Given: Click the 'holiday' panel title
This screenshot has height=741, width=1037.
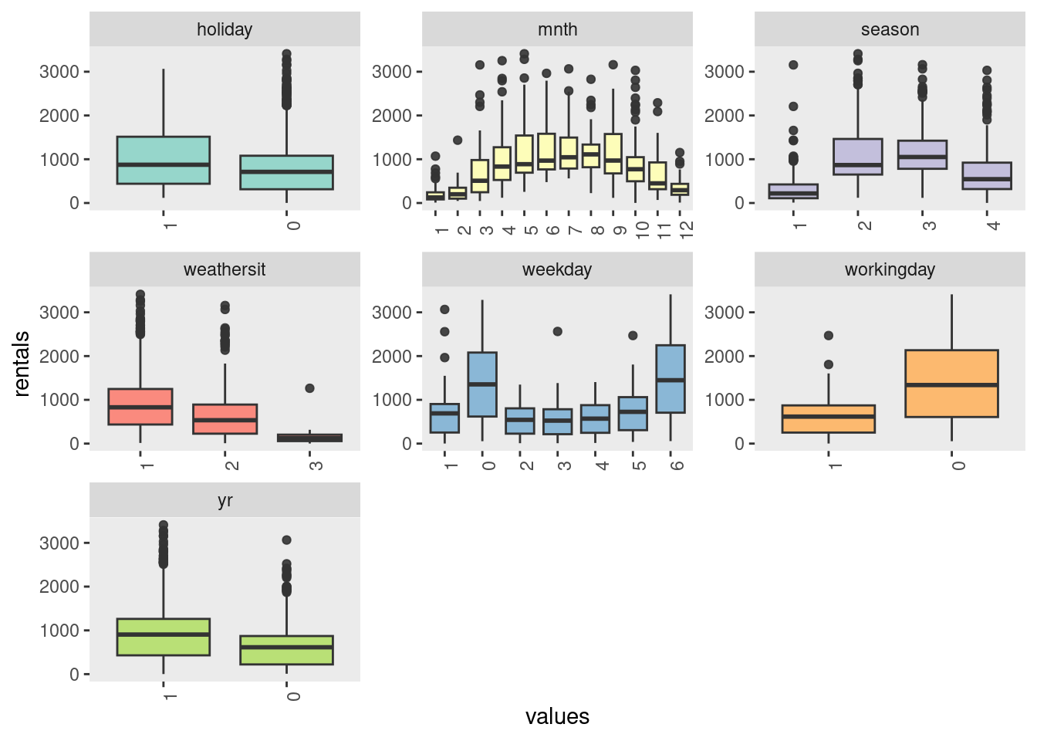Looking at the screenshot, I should tap(225, 29).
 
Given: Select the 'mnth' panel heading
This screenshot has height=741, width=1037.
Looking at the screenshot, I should tap(557, 29).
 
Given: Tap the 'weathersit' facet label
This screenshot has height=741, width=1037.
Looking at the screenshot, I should tap(225, 269).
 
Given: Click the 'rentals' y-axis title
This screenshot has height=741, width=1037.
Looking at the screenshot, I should tap(22, 364).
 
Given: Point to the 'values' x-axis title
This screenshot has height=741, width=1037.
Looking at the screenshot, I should tap(557, 716).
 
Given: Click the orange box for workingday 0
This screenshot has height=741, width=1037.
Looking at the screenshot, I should tap(951, 384).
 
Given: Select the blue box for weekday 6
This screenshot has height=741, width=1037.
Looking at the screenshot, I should tap(671, 379).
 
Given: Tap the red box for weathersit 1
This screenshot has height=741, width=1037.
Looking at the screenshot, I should tap(140, 407).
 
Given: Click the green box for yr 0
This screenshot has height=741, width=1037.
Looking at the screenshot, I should tap(286, 650).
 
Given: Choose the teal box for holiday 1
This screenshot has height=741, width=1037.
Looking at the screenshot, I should tap(164, 161).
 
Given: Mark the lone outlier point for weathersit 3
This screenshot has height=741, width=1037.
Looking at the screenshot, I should tap(309, 388).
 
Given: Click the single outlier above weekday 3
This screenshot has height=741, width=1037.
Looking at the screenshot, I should tap(558, 331).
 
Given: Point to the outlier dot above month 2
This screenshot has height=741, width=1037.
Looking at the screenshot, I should tap(458, 140).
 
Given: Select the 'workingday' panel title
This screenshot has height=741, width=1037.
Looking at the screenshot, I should tap(890, 269).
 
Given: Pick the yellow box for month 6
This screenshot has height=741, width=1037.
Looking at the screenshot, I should tap(546, 151).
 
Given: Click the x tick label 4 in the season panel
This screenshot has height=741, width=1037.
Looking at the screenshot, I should tap(993, 225).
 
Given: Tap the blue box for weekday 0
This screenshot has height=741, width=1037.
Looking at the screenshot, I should tap(482, 384).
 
